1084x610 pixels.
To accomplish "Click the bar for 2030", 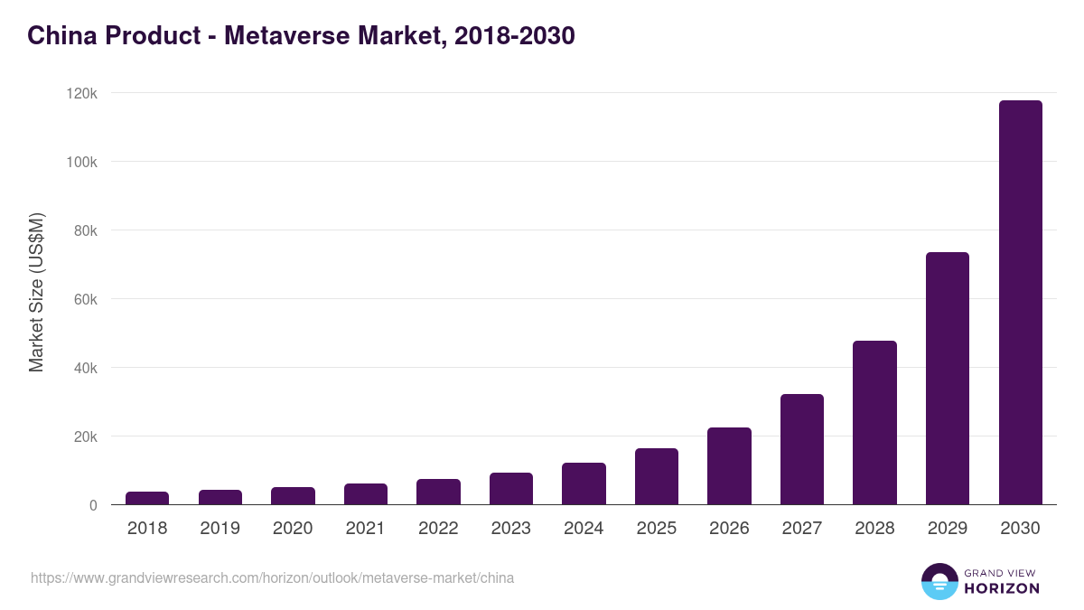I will [1020, 303].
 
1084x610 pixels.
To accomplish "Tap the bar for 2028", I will [874, 422].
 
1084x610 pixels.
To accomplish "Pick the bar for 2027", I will [802, 449].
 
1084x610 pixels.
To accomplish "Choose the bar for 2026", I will [729, 466].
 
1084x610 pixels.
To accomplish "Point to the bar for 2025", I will [657, 476].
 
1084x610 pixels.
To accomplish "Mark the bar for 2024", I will [584, 483].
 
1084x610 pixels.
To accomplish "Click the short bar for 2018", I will [147, 498].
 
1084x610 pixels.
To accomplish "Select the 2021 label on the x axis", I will [365, 528].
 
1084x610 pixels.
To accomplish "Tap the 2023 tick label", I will [510, 528].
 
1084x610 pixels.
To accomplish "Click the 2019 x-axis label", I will [220, 528].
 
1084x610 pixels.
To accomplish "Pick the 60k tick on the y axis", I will [84, 299].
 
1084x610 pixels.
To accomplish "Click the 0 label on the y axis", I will [93, 505].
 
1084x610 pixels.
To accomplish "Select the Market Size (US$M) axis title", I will [36, 293].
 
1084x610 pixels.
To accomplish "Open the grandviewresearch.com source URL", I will [272, 577].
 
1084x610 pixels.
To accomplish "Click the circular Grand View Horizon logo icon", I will [939, 581].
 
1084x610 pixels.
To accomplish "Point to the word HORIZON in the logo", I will [1002, 588].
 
